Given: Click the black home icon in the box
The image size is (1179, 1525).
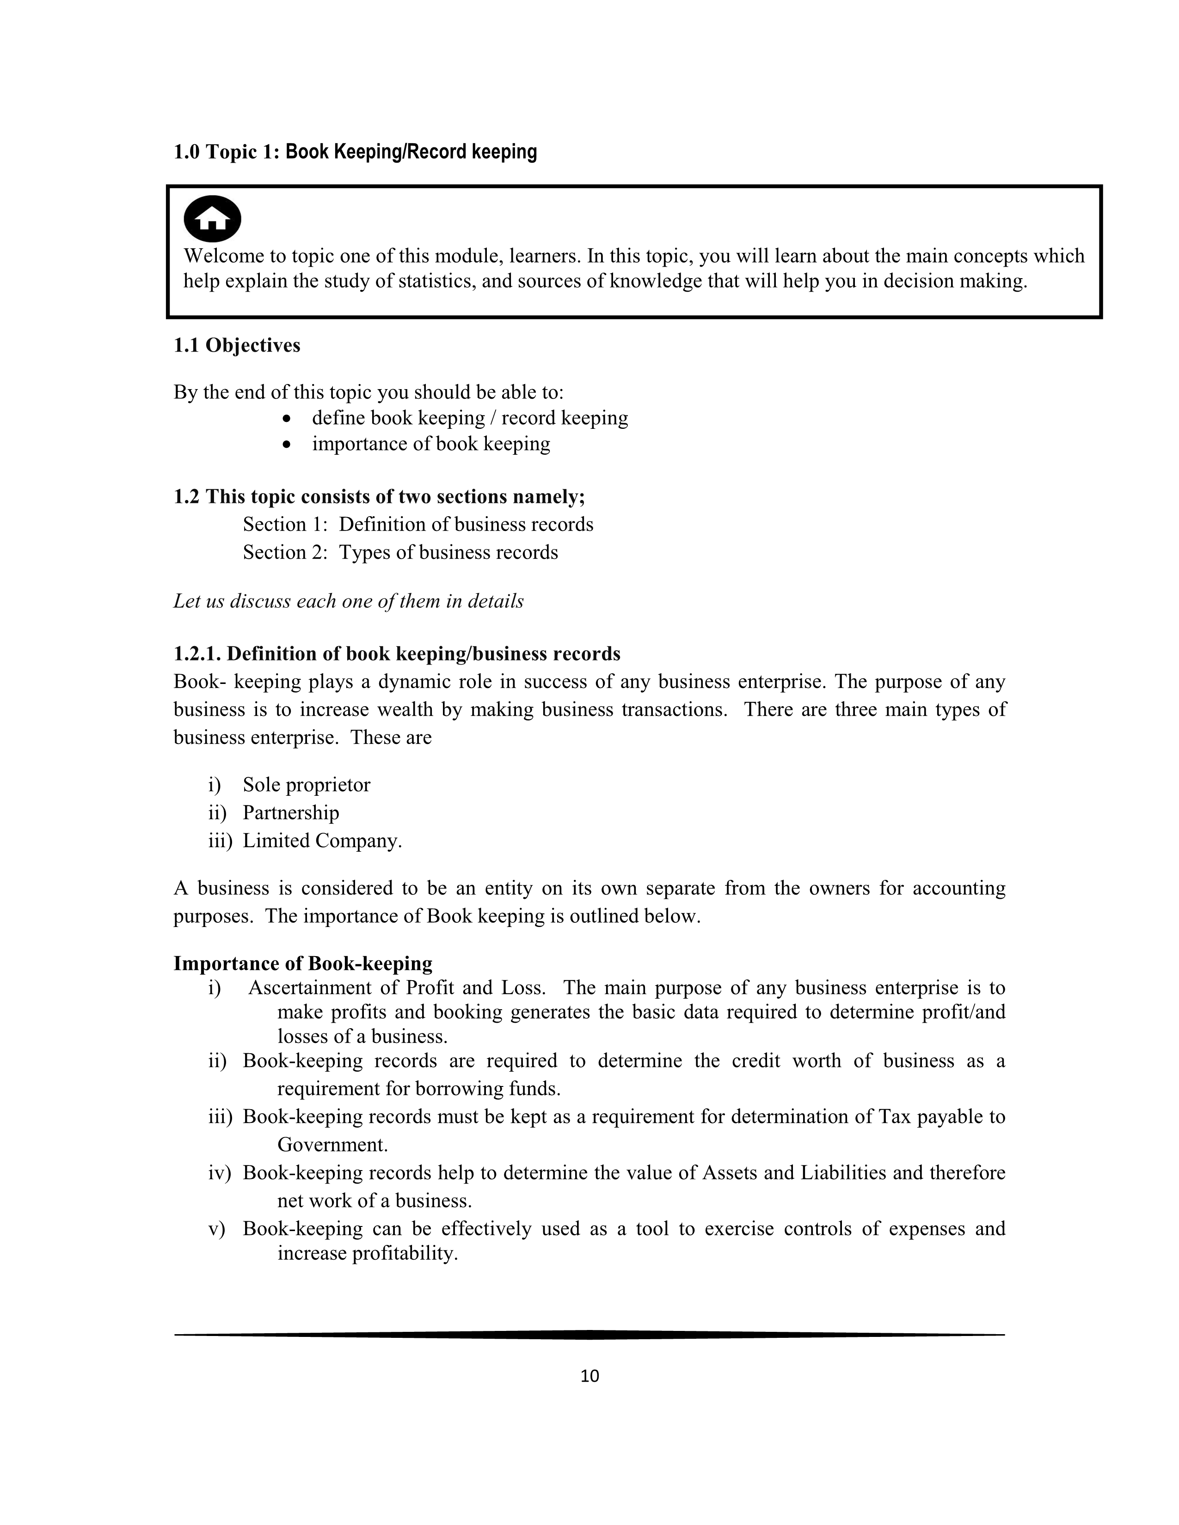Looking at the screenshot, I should tap(212, 219).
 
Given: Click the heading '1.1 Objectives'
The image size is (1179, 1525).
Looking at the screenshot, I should tap(237, 346).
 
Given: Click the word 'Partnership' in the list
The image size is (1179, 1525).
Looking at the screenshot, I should tap(290, 813).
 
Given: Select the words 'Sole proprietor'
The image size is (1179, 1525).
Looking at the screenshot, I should tap(306, 785).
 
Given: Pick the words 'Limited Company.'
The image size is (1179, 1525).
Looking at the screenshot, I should tap(322, 841).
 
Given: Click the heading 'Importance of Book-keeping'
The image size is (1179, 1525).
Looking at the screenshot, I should tap(302, 964).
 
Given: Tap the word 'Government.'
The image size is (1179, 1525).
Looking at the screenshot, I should tap(332, 1145).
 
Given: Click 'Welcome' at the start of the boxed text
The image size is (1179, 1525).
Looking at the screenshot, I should tap(223, 256).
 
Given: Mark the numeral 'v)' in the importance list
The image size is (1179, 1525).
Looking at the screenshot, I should tap(216, 1229).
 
